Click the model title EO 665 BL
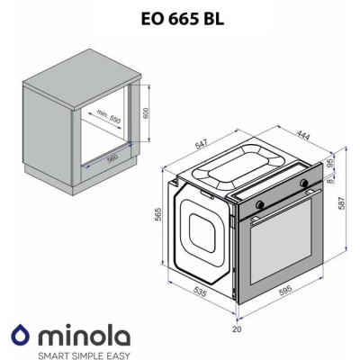pos(183,19)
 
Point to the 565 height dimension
pos(158,214)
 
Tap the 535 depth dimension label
pos(200,292)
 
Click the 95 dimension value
pos(330,163)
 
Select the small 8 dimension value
pos(330,181)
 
